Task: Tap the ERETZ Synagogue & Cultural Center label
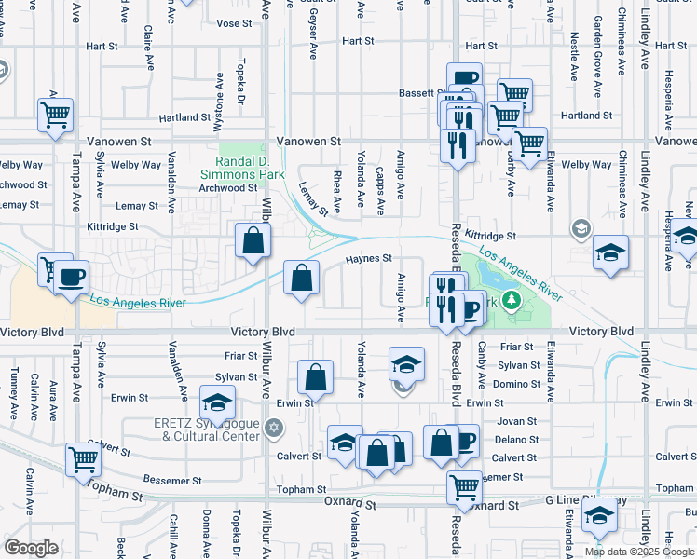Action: (207, 429)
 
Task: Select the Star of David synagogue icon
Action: (272, 428)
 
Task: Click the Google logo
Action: (31, 547)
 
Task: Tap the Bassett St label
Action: (417, 93)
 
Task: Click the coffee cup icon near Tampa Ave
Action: (72, 277)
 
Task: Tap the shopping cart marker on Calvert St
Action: (84, 458)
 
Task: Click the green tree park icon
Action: (510, 300)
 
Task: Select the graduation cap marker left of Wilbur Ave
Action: (217, 402)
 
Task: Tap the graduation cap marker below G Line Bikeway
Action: (599, 513)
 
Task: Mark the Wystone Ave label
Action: (220, 89)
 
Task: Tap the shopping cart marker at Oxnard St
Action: (463, 485)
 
